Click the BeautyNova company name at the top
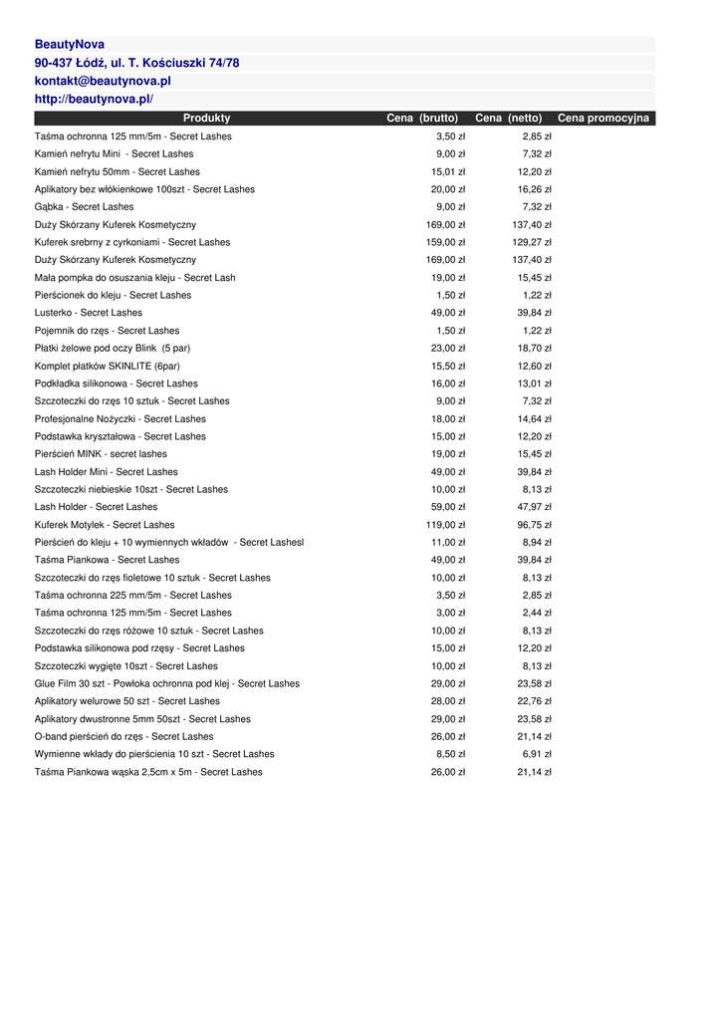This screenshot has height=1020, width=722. [70, 45]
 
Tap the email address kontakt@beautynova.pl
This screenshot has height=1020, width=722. [103, 81]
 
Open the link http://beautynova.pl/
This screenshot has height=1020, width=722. [94, 100]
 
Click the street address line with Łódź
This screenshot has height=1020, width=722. [136, 63]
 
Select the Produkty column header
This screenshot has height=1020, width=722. [206, 119]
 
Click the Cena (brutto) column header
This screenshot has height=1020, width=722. [422, 119]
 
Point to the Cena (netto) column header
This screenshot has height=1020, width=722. [508, 119]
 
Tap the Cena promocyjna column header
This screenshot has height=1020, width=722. [602, 119]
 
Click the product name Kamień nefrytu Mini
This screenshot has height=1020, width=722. [114, 154]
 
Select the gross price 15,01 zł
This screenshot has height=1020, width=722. [448, 172]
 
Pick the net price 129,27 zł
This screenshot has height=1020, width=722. [532, 243]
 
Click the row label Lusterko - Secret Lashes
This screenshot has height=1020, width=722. [89, 313]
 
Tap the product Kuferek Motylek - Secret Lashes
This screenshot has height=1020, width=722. [105, 525]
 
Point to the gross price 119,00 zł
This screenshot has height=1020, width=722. [445, 525]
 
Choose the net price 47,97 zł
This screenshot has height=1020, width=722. [534, 507]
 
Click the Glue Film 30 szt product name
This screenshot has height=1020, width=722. [166, 684]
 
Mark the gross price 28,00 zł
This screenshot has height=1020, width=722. [448, 701]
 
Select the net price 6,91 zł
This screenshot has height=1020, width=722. [537, 754]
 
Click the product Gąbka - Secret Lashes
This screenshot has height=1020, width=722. [84, 207]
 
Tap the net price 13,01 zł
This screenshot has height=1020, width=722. [534, 383]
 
